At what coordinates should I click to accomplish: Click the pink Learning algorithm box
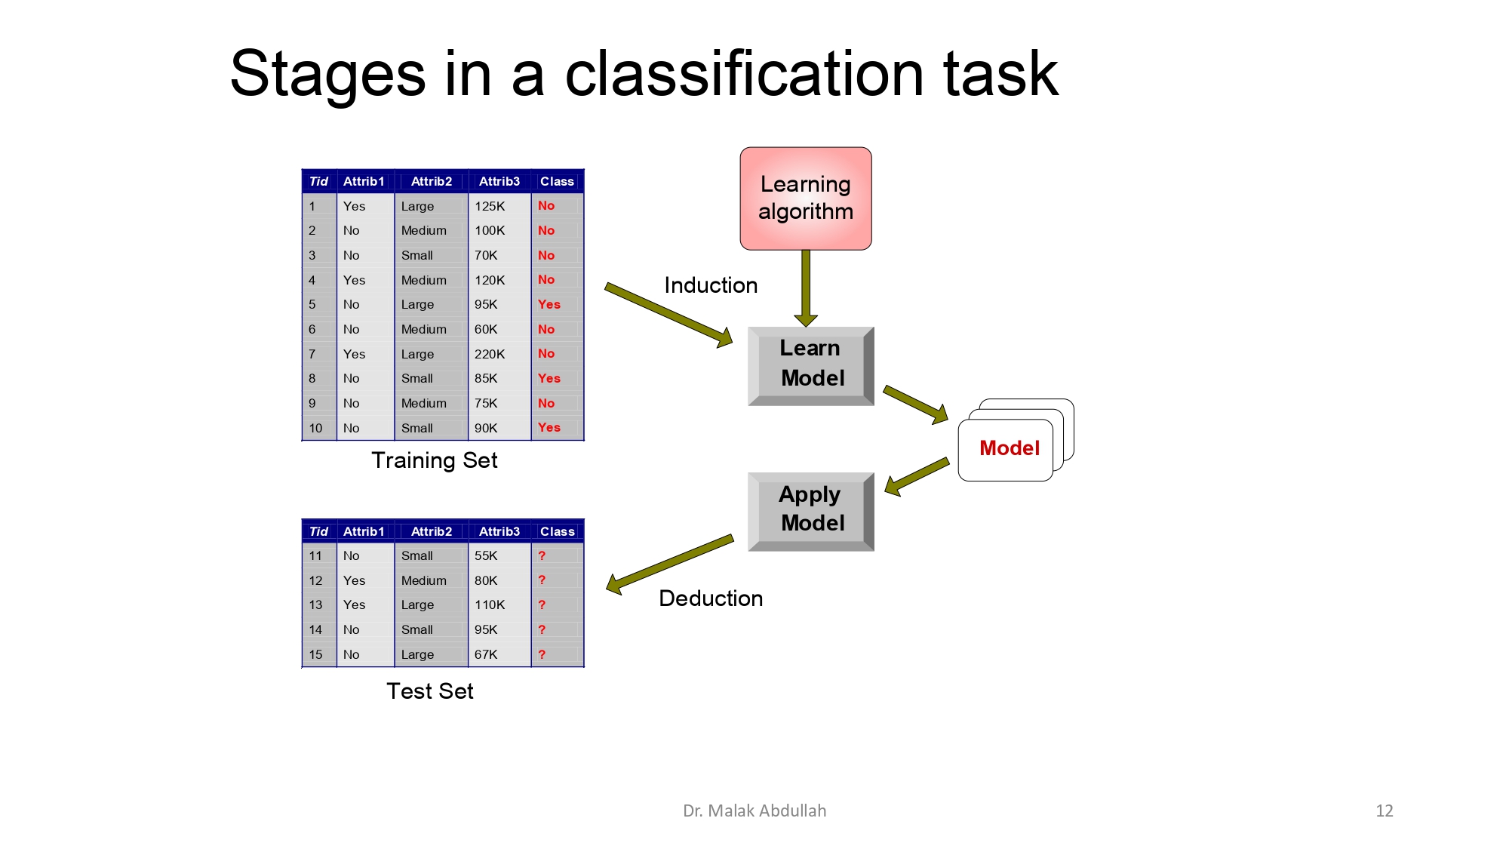point(805,198)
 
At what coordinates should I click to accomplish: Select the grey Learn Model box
point(810,365)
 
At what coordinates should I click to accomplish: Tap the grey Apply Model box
point(810,509)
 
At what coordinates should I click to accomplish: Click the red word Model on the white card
point(1009,448)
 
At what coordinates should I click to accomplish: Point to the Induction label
point(710,285)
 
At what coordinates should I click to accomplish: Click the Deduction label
point(710,598)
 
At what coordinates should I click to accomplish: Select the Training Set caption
point(434,460)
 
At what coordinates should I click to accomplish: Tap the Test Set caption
point(429,691)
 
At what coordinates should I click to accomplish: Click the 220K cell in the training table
point(490,354)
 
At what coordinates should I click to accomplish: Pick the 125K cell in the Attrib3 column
point(490,206)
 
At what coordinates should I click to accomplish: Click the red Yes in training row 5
point(549,304)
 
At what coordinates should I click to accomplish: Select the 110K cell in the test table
point(490,604)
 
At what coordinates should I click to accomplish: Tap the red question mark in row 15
point(542,654)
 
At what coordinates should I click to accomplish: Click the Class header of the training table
point(557,181)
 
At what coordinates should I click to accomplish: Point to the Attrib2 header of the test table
point(431,531)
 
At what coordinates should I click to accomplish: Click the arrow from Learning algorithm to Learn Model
point(806,287)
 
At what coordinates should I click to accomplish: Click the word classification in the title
point(744,74)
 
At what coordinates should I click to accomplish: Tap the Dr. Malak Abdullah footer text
point(754,811)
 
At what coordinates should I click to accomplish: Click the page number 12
point(1384,811)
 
